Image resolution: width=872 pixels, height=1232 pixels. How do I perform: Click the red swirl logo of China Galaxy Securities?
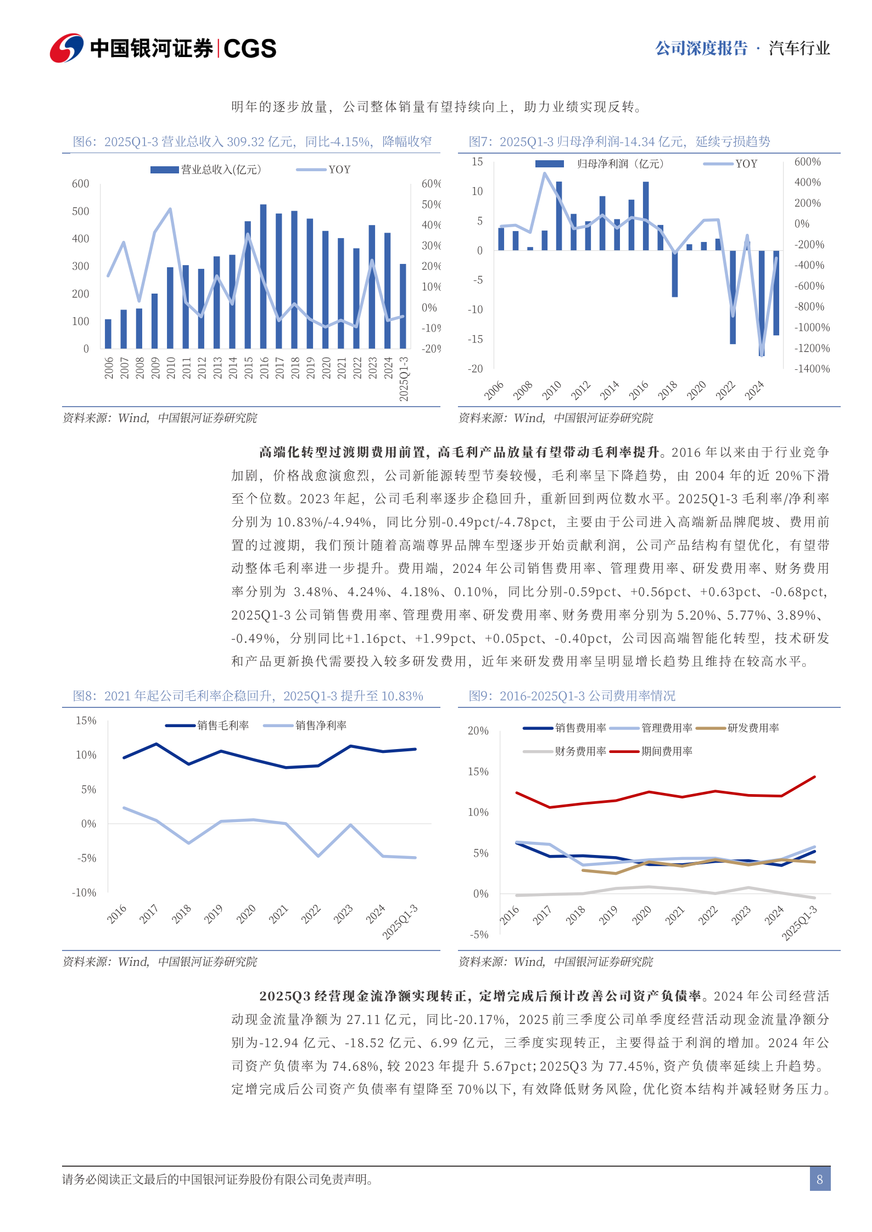[66, 48]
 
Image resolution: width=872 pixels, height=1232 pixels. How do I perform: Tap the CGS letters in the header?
[250, 49]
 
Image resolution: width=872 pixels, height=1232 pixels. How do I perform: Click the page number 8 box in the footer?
[819, 1179]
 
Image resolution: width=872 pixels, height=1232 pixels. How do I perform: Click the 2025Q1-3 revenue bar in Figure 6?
[403, 306]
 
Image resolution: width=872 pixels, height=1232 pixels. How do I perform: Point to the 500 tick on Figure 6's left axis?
[80, 211]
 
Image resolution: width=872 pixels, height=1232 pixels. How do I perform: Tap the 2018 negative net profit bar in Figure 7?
[675, 273]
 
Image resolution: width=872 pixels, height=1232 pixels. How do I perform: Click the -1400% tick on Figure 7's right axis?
[812, 369]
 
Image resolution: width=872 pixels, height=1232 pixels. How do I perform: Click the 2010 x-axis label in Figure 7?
[551, 390]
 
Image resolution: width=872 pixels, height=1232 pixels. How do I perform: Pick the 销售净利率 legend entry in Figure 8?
[321, 725]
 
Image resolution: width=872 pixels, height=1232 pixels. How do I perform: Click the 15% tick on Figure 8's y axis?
[86, 721]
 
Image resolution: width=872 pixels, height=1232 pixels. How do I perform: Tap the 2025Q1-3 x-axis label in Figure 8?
[400, 921]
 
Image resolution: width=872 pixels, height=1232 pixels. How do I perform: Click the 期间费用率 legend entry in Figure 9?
[667, 751]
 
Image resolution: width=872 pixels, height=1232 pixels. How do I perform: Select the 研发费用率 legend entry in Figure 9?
[753, 728]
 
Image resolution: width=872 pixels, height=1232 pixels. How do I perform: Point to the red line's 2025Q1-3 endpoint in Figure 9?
[814, 777]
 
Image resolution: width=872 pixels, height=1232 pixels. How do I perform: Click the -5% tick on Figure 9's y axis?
[479, 934]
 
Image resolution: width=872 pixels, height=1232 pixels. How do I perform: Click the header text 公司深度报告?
[701, 48]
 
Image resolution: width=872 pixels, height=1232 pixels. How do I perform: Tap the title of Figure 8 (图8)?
[248, 696]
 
